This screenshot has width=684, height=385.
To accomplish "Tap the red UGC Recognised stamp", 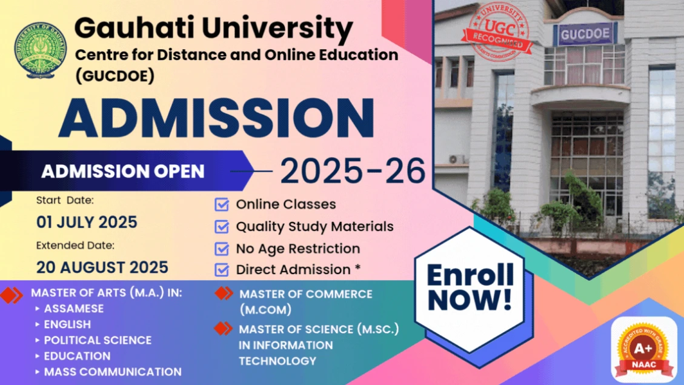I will click(x=499, y=30).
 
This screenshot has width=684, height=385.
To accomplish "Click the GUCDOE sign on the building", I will click(x=585, y=34).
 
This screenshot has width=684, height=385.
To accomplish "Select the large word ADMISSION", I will click(x=216, y=118).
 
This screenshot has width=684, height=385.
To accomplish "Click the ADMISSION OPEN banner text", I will click(x=123, y=172).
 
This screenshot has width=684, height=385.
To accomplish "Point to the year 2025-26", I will click(x=353, y=171).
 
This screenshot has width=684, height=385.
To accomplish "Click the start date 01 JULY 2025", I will click(x=87, y=222).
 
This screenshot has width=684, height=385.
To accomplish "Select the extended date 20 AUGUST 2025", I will click(x=102, y=267).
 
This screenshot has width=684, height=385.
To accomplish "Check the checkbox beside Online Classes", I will click(x=222, y=205).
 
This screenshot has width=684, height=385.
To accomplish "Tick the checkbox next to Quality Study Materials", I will click(x=222, y=227).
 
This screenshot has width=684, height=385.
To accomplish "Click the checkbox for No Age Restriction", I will click(x=222, y=249).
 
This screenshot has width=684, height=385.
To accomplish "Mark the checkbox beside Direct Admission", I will click(x=222, y=270).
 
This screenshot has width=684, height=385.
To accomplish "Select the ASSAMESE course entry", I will click(x=74, y=309).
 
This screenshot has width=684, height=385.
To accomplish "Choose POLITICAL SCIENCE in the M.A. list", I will click(x=98, y=340).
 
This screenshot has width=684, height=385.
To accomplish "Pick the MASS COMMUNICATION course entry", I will click(x=113, y=372).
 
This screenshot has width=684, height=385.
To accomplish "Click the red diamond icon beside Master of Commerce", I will click(x=224, y=293).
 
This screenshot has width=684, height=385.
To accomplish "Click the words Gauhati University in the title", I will click(x=213, y=28).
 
